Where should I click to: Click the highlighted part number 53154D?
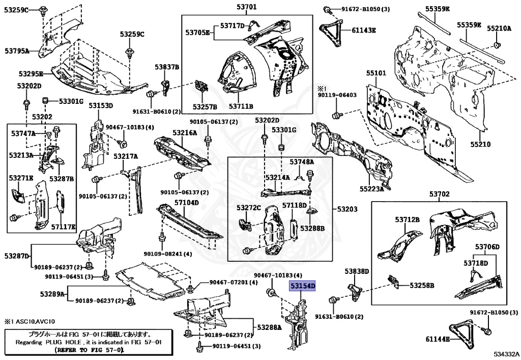pos(303,287)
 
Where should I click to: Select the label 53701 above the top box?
pos(246,7)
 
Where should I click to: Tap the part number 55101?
pos(377,73)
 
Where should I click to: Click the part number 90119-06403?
pos(337,95)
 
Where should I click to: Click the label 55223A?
pos(372,189)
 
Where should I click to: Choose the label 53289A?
pos(53,294)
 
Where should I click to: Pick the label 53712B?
pos(407,219)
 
